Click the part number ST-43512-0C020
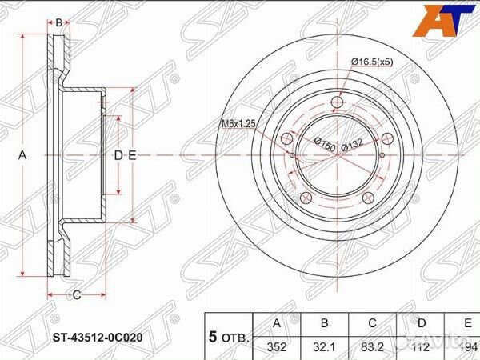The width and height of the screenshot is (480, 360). point(98,337)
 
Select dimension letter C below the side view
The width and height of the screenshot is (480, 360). point(77,295)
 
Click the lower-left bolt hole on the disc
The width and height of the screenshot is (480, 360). point(304,199)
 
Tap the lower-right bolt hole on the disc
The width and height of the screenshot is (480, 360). point(367,199)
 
